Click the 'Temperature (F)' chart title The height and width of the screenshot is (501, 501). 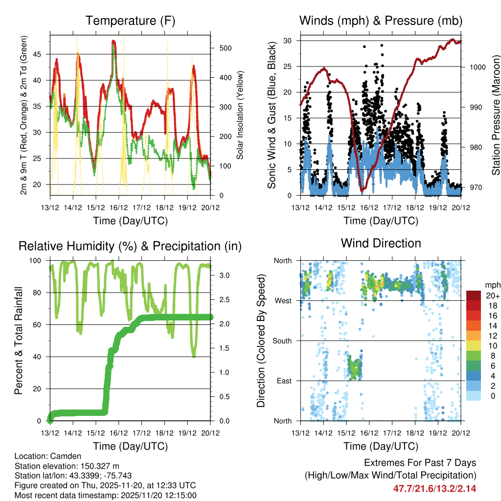pyautogui.click(x=130, y=21)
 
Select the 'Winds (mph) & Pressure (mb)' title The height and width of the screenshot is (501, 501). pyautogui.click(x=381, y=21)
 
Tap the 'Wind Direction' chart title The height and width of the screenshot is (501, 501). pyautogui.click(x=381, y=243)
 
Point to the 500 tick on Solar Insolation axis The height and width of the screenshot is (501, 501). pyautogui.click(x=225, y=48)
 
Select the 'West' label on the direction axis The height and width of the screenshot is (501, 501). pyautogui.click(x=283, y=300)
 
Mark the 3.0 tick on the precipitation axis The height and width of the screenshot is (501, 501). pyautogui.click(x=225, y=276)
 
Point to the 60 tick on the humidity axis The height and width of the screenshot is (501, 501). pyautogui.click(x=39, y=325)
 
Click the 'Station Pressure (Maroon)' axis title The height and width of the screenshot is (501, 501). pyautogui.click(x=495, y=115)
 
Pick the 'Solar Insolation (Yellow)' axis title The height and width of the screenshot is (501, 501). pyautogui.click(x=240, y=115)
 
